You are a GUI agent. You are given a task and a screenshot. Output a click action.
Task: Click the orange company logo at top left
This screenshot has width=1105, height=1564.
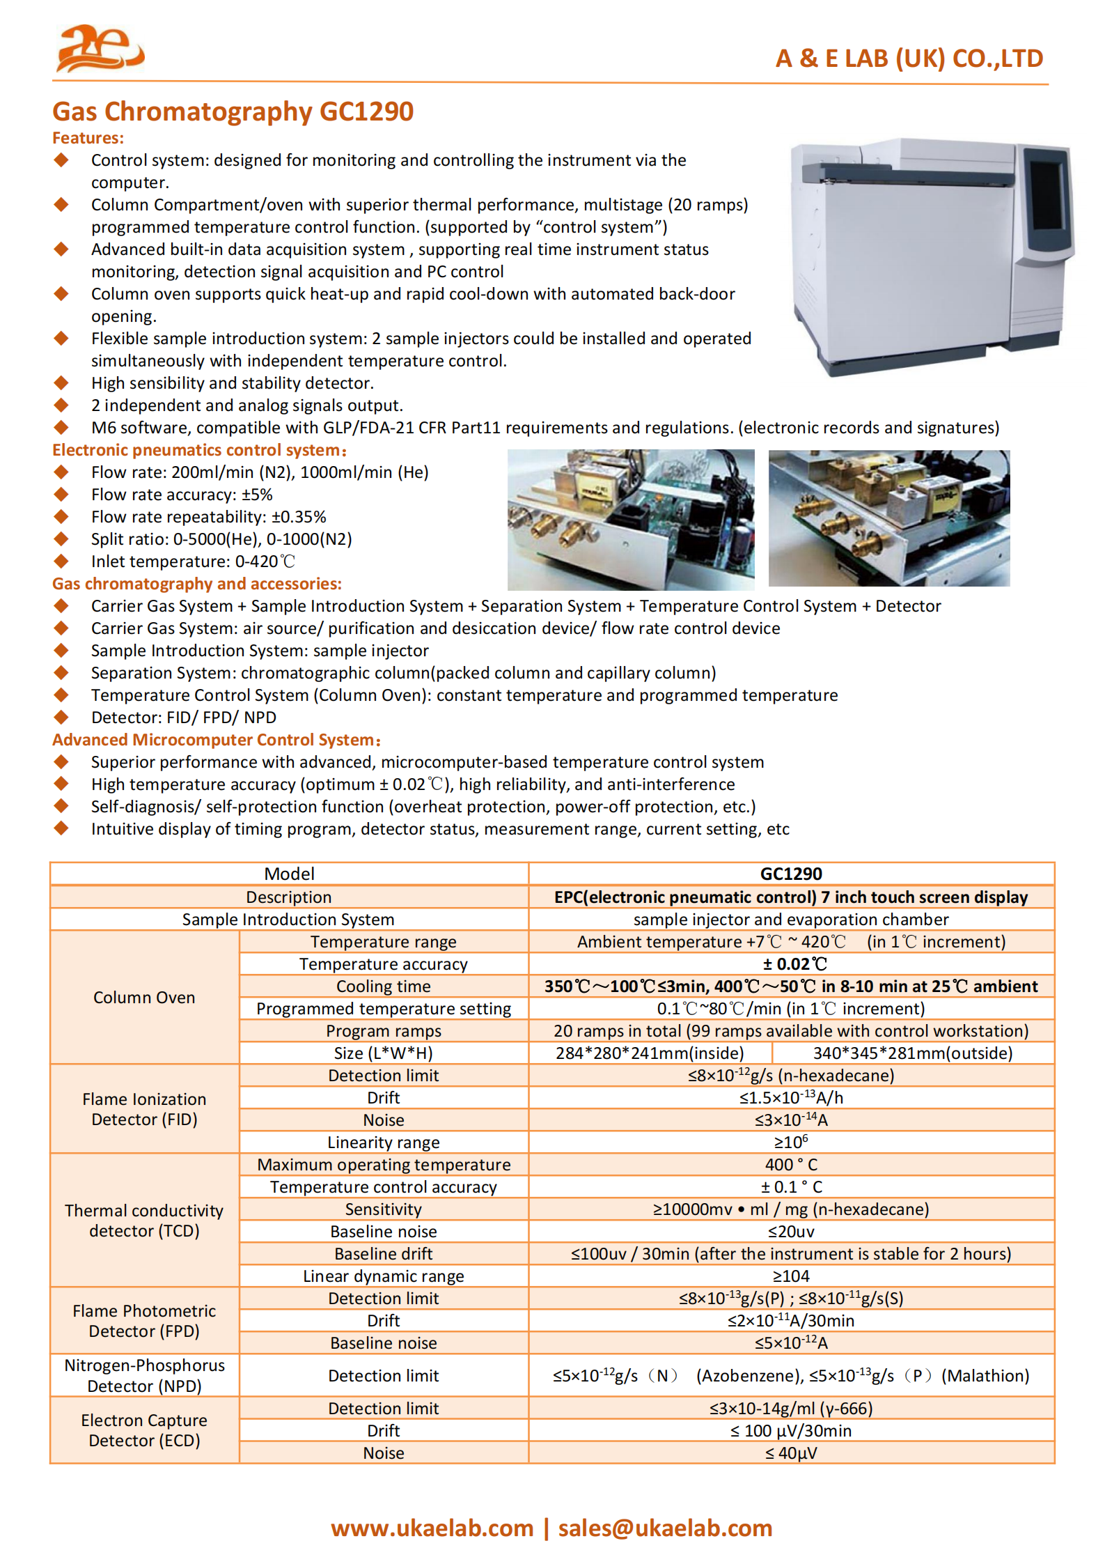(x=100, y=48)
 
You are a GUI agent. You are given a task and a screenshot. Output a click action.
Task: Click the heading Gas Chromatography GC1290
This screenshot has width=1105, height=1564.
(x=233, y=111)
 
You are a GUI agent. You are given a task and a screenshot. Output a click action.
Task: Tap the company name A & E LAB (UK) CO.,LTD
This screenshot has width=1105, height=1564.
(x=909, y=59)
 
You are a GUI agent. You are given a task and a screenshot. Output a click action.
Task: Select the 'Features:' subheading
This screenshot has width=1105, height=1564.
(x=88, y=138)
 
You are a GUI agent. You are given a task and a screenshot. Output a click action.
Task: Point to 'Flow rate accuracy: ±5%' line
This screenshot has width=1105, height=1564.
(x=182, y=495)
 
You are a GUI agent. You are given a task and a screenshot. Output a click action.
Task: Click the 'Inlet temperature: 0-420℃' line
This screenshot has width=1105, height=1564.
(x=193, y=562)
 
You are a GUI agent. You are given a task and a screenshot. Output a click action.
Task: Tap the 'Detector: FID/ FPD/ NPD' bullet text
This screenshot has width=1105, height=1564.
(x=183, y=718)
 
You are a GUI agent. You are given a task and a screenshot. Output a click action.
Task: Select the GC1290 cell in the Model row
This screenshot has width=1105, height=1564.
(x=790, y=874)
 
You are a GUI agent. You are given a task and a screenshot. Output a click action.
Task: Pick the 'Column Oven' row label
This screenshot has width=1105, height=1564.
(x=144, y=998)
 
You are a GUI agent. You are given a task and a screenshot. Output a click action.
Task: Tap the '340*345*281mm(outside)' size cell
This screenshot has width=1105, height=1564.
(x=912, y=1053)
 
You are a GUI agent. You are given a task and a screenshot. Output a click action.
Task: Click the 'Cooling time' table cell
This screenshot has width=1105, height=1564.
(x=383, y=986)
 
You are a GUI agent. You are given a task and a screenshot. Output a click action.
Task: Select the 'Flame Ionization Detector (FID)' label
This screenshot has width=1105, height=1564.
(x=144, y=1109)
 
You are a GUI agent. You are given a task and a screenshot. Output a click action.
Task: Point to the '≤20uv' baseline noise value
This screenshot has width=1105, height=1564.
(x=791, y=1232)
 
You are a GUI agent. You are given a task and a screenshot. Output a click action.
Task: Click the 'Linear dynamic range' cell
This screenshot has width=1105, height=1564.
(x=383, y=1276)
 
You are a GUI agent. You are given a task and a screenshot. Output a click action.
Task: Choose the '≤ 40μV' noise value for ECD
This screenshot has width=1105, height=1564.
(x=791, y=1453)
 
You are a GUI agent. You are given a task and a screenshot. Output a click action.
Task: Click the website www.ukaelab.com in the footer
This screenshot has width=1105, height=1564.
(x=432, y=1528)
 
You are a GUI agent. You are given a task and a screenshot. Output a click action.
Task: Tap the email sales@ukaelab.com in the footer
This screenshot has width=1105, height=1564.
(x=665, y=1528)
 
